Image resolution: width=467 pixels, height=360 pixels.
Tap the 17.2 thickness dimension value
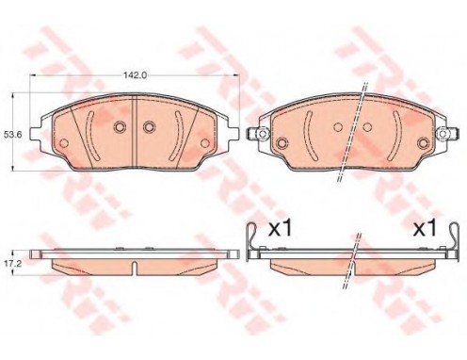click(x=12, y=264)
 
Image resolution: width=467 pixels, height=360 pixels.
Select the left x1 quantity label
click(x=281, y=228)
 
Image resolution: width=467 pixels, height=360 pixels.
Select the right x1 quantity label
click(x=425, y=228)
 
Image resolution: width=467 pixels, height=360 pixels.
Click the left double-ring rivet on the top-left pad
click(x=120, y=126)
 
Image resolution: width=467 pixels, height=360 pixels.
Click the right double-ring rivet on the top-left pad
click(x=149, y=126)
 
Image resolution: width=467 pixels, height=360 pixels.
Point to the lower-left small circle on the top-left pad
click(x=64, y=143)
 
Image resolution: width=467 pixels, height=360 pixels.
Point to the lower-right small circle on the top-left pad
click(x=205, y=143)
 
